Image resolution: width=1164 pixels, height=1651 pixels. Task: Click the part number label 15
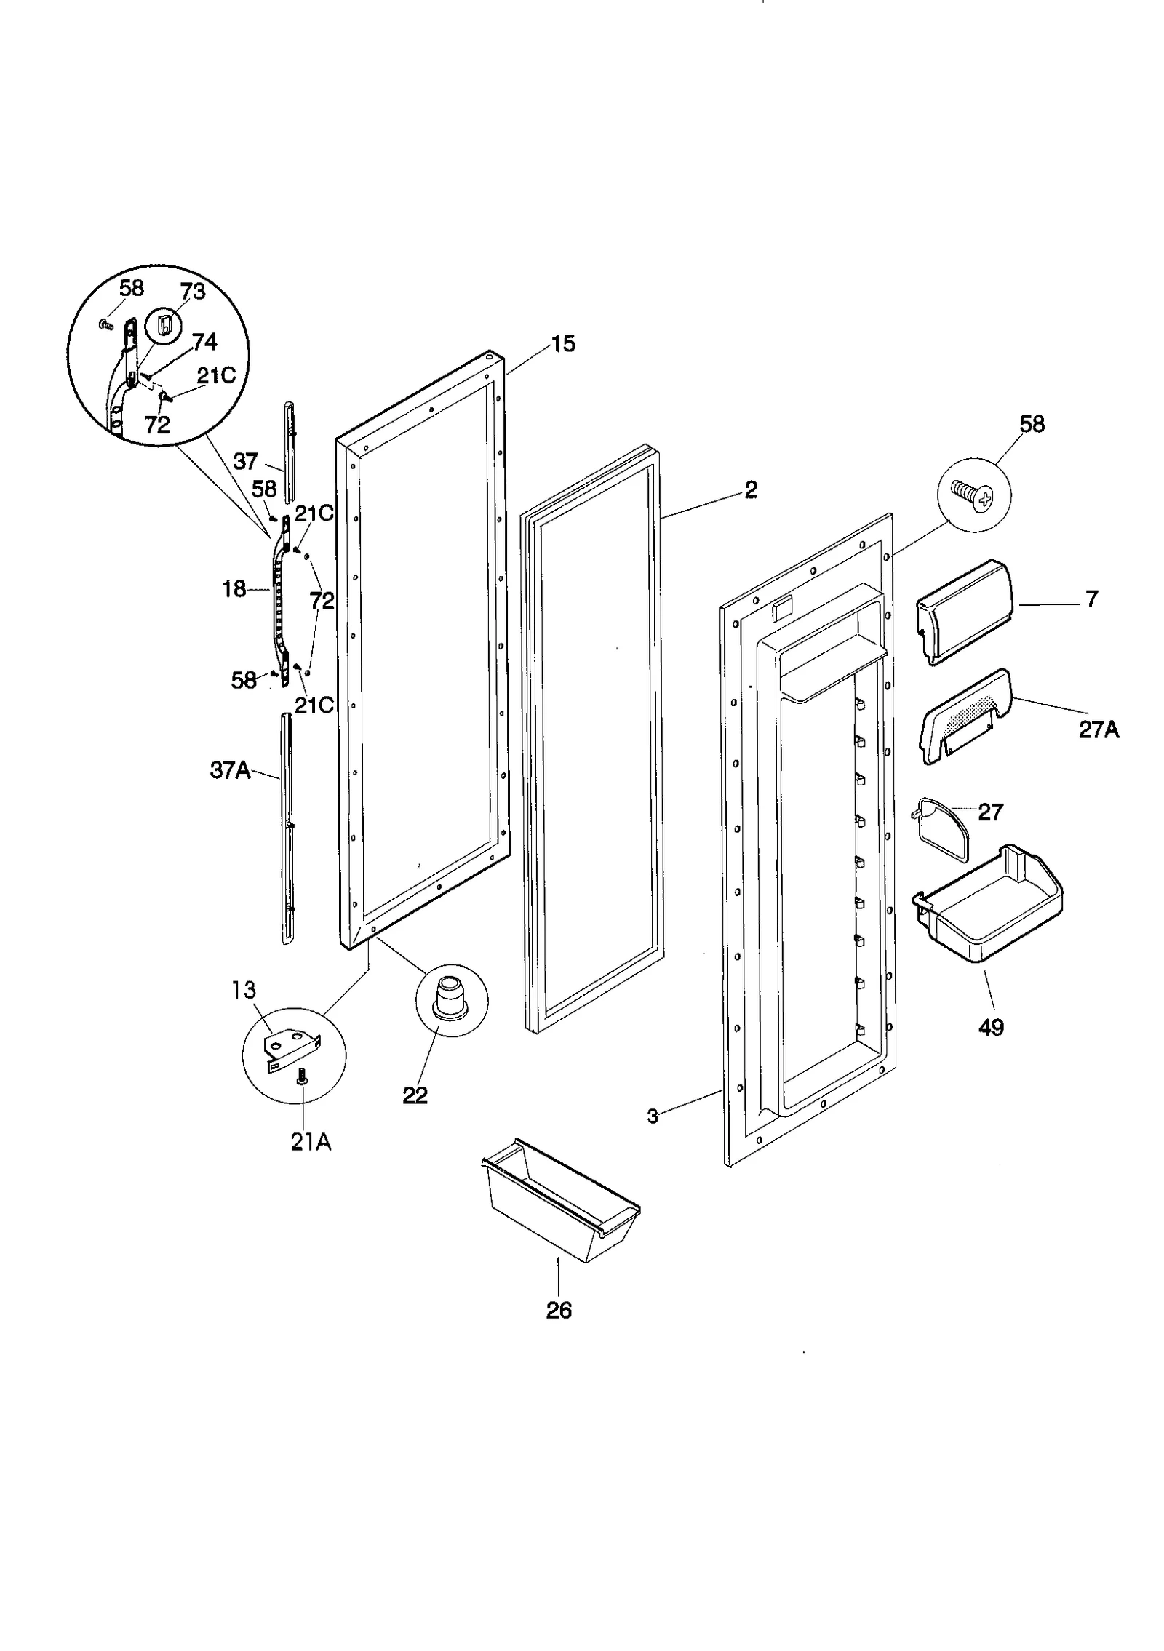point(563,343)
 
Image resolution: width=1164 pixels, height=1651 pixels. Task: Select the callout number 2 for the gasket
point(751,489)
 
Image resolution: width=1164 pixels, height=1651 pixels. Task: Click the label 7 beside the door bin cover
point(1091,599)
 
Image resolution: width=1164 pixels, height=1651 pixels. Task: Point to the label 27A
point(1098,729)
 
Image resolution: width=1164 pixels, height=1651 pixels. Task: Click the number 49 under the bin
point(991,1028)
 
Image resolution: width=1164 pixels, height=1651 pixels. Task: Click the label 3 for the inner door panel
point(653,1116)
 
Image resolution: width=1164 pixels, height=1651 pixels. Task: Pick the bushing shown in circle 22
point(451,997)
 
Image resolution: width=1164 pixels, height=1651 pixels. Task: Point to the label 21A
point(311,1143)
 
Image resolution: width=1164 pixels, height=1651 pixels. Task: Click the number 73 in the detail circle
point(193,292)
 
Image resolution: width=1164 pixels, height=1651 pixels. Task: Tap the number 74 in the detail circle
point(204,342)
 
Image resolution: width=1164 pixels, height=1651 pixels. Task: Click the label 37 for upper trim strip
point(246,461)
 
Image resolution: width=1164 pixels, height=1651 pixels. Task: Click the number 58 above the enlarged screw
point(1032,424)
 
